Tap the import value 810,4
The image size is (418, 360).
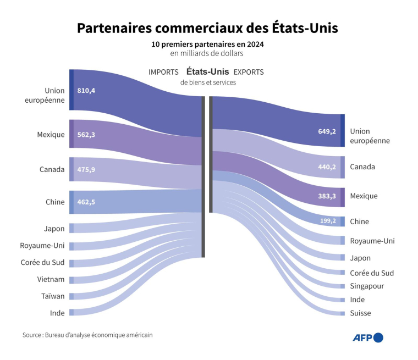[86, 90]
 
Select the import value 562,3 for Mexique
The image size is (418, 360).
[86, 134]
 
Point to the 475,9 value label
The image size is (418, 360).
[86, 169]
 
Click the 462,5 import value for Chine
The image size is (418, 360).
[86, 202]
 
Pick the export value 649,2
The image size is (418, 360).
[327, 131]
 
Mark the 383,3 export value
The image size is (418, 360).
[327, 196]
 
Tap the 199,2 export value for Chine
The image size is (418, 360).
[327, 221]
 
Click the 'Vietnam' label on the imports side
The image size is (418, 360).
[51, 279]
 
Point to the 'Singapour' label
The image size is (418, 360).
[367, 286]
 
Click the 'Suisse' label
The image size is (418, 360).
[360, 313]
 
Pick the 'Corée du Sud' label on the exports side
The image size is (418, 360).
[372, 273]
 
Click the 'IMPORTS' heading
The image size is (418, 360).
[163, 72]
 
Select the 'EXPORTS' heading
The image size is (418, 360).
[249, 72]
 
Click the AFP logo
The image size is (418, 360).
[367, 337]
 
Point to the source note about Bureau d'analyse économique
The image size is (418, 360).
[87, 335]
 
